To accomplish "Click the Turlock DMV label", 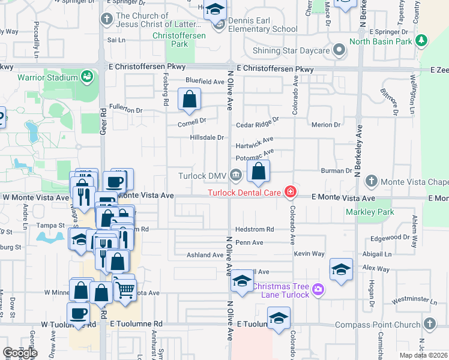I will tap(201, 176).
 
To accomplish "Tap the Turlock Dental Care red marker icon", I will tap(291, 192).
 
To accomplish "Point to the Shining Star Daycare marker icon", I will tap(340, 50).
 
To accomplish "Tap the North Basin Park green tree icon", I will tap(423, 41).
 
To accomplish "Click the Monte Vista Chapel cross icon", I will tap(372, 181).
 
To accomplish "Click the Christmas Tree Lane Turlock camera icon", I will tap(318, 290).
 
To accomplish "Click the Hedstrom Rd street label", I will tap(255, 229).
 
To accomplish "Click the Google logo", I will tap(20, 353).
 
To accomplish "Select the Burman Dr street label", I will tap(336, 171).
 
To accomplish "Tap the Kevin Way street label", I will tap(309, 254).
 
